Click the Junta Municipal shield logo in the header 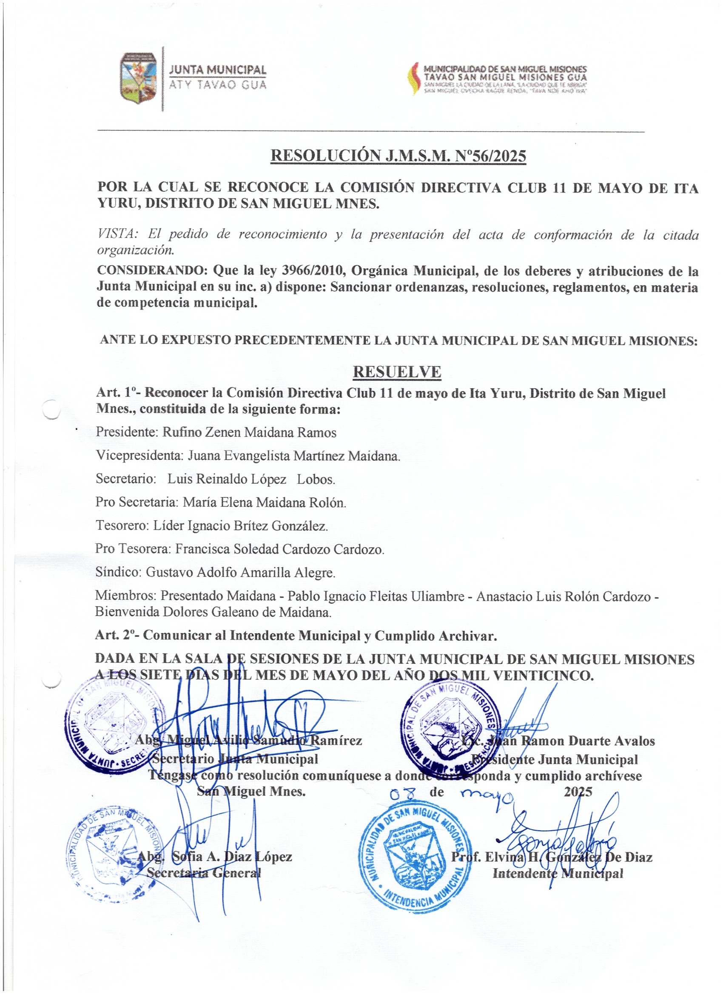139,79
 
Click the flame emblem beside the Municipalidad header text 413,79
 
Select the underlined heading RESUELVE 397,372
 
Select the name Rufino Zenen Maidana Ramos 249,432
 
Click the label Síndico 117,572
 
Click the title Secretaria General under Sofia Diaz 203,872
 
